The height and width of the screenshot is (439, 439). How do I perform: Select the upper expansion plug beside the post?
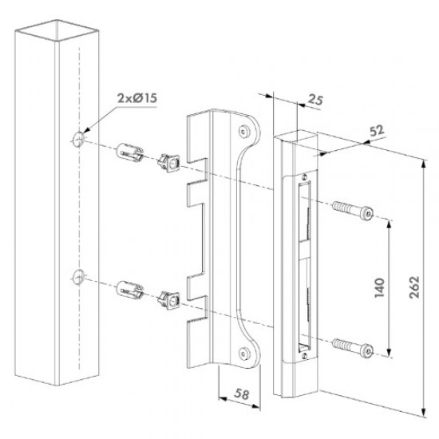point(130,151)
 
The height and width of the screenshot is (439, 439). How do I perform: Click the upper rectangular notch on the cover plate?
point(194,192)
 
